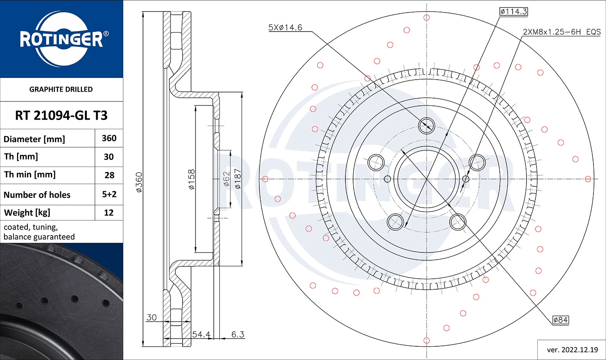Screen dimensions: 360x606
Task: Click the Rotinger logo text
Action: (x=61, y=39)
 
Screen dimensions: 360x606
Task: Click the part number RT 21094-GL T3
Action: (x=61, y=116)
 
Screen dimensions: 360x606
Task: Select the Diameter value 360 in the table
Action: (x=109, y=138)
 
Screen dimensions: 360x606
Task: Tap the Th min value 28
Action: (x=109, y=175)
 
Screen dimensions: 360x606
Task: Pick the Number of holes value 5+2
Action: (x=109, y=194)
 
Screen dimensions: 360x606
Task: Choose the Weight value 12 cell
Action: (x=109, y=213)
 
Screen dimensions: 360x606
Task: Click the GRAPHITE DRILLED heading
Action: (x=61, y=89)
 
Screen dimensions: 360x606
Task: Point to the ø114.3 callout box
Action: (x=513, y=11)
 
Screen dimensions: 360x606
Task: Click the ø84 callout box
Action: (x=560, y=320)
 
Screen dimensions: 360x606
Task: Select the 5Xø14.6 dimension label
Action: (x=285, y=27)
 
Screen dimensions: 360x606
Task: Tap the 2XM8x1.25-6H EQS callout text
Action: (x=562, y=32)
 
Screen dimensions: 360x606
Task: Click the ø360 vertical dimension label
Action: (x=139, y=182)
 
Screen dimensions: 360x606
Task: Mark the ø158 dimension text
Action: (x=191, y=180)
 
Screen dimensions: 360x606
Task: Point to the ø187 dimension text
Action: (x=238, y=180)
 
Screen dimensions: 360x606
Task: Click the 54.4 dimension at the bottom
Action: (x=201, y=334)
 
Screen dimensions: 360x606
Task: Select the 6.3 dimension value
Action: (x=238, y=334)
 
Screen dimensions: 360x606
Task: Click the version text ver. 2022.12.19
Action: (x=571, y=349)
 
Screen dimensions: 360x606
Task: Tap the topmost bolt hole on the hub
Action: (x=427, y=124)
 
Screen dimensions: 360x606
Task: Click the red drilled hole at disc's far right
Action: (x=588, y=179)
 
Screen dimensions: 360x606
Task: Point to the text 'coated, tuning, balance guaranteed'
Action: (x=39, y=232)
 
